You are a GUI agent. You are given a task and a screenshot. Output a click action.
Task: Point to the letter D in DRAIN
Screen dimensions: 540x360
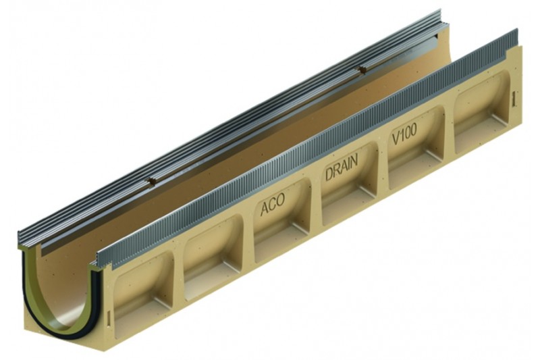[329, 174]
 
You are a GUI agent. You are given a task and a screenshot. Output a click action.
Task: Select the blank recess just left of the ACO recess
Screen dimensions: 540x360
[214, 253]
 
